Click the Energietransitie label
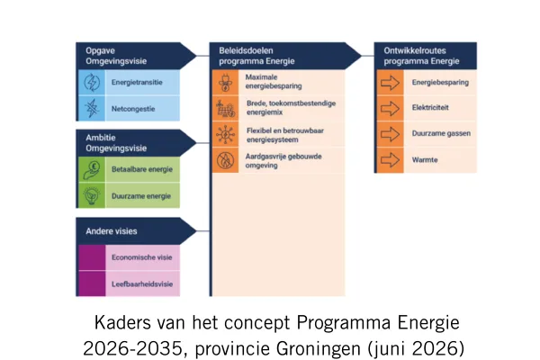click(137, 82)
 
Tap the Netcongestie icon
click(92, 108)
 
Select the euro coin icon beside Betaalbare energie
click(92, 169)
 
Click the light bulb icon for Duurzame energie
click(92, 195)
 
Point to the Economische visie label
click(141, 257)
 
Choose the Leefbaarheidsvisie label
click(142, 284)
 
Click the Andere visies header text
click(112, 231)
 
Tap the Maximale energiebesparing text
click(274, 82)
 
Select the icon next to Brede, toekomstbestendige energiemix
click(225, 108)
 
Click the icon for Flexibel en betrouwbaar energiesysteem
click(225, 134)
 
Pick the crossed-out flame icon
click(225, 160)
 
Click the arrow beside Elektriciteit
click(390, 109)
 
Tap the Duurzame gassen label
click(441, 133)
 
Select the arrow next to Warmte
click(390, 160)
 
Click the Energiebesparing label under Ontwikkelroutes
click(440, 82)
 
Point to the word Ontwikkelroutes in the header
click(415, 50)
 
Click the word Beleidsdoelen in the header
click(246, 50)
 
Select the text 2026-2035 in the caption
click(132, 348)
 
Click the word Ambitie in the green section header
click(101, 138)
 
